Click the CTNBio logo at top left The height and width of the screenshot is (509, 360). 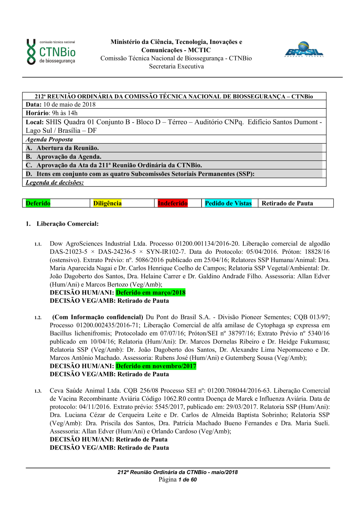pos(51,52)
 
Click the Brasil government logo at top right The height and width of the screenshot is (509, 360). pos(304,50)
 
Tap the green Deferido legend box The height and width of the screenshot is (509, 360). pos(38,203)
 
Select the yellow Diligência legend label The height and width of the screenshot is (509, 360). pos(107,203)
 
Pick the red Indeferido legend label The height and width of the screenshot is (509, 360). pos(173,203)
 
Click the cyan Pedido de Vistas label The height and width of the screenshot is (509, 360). pos(228,203)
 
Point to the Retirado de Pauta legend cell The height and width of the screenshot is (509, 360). pos(287,203)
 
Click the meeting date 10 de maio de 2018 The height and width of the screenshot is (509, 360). pos(69,104)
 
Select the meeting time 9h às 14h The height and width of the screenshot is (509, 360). pos(65,113)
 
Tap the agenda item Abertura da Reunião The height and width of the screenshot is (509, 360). pos(67,148)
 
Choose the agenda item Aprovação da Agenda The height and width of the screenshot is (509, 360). pos(69,157)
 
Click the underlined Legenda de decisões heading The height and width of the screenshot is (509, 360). pos(55,183)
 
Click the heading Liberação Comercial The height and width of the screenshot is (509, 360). pos(67,224)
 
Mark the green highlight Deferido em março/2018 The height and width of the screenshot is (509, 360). pos(150,293)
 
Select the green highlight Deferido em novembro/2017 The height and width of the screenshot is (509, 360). pos(156,366)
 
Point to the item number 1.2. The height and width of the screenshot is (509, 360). pos(38,318)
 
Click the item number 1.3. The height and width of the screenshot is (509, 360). pos(38,391)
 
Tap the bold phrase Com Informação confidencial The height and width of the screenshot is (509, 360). pos(98,317)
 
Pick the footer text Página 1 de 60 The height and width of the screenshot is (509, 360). pos(177,479)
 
